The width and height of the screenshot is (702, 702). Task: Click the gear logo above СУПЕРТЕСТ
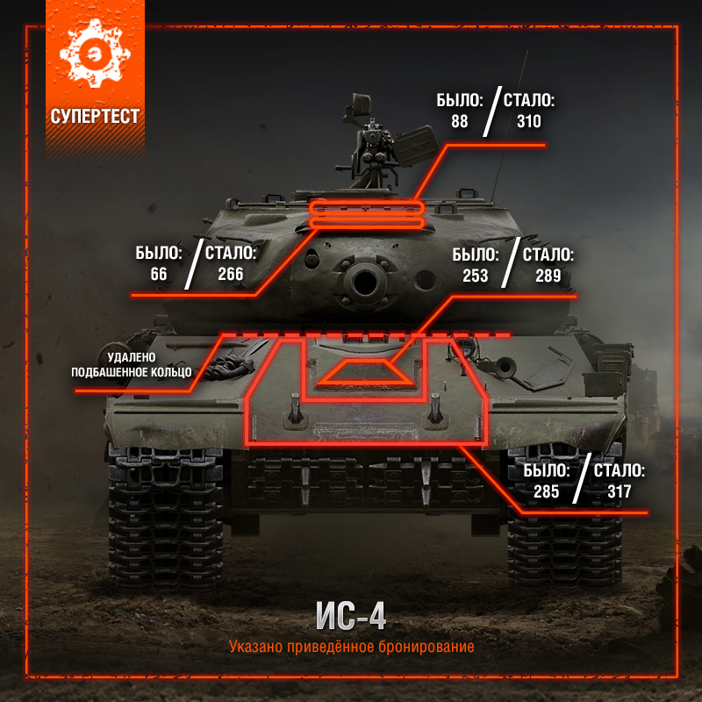[x=95, y=54]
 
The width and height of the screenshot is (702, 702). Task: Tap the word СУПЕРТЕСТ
[x=95, y=117]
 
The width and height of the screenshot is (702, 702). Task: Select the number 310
[x=529, y=121]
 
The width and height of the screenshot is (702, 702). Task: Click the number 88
[x=459, y=121]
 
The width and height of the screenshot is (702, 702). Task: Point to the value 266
[x=231, y=274]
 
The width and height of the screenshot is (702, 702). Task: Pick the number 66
[x=159, y=274]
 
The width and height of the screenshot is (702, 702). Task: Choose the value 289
[x=548, y=276]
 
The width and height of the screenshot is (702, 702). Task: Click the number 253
[x=475, y=276]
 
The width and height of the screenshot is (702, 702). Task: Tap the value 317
[x=620, y=491]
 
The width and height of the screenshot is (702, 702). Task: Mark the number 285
[x=546, y=491]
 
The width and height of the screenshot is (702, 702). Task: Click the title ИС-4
[x=350, y=616]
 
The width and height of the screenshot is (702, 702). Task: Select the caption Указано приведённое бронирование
[x=352, y=647]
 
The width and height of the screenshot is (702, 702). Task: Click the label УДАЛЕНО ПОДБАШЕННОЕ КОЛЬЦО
[x=131, y=365]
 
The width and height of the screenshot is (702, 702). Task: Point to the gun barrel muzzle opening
[x=365, y=283]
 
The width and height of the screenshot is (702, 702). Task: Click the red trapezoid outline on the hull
[x=363, y=383]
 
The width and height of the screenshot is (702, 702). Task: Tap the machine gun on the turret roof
[x=372, y=147]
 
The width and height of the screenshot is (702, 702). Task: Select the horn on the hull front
[x=504, y=367]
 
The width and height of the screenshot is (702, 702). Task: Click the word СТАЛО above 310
[x=529, y=100]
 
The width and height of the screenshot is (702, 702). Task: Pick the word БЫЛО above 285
[x=546, y=470]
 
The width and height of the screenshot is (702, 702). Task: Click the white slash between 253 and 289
[x=511, y=262]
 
